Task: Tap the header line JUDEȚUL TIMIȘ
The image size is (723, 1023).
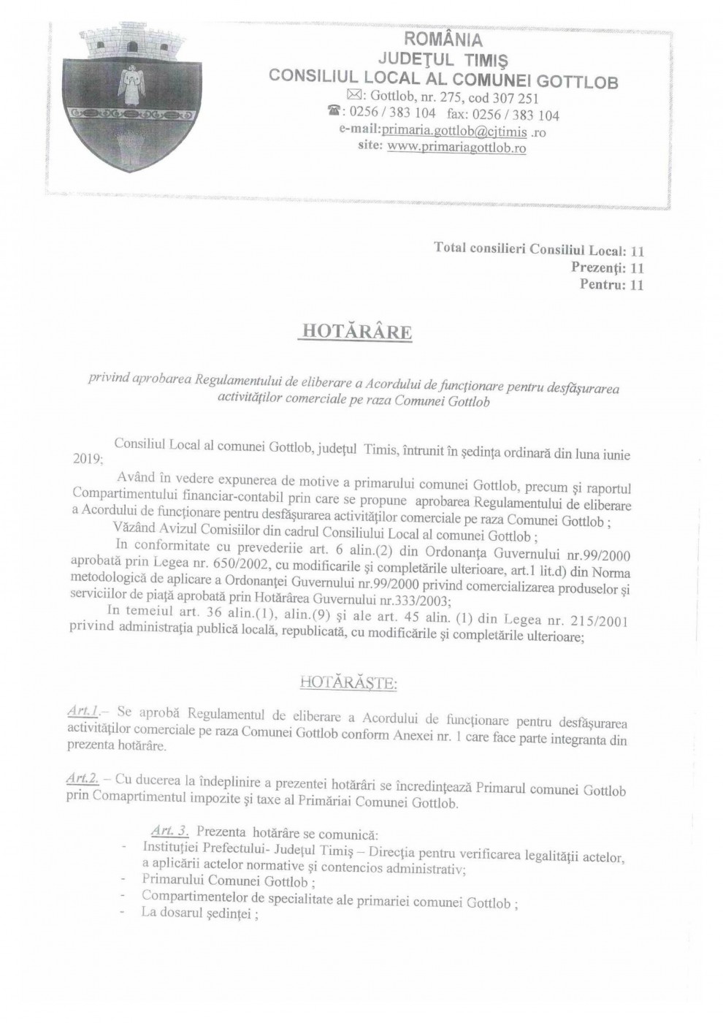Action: [443, 58]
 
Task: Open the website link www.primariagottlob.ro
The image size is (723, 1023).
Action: [456, 148]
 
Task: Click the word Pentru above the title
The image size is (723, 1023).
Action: [601, 284]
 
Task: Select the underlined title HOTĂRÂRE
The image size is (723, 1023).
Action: [357, 332]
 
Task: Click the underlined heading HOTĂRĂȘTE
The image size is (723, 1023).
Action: [348, 684]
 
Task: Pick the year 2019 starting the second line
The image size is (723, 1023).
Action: [87, 459]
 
